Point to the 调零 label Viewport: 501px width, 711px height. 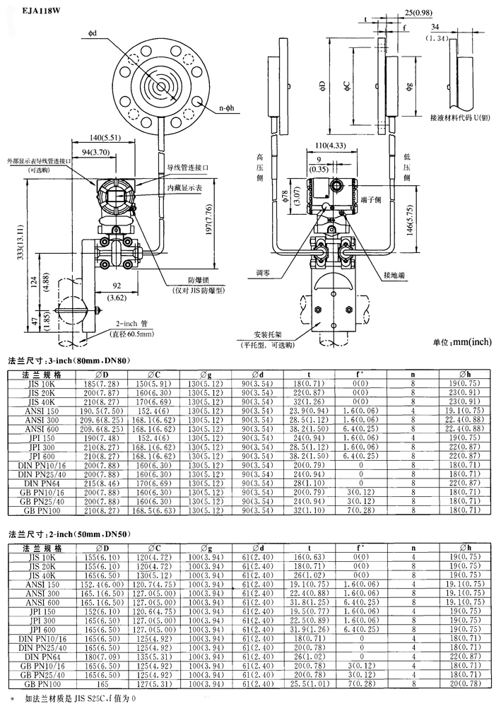click(264, 272)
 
